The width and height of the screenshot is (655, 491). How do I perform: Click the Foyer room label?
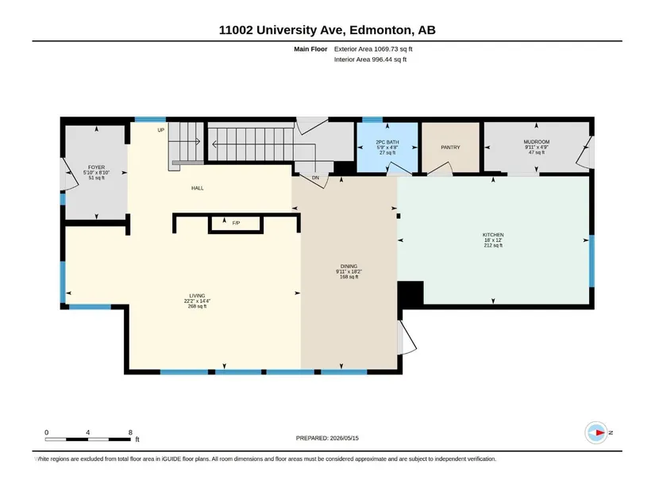[x=97, y=167]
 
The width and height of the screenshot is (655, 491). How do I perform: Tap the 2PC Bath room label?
[x=387, y=142]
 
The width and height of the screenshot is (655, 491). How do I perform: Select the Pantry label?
[x=450, y=148]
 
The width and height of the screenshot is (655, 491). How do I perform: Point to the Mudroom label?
[x=537, y=142]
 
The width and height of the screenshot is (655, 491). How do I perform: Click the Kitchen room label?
[x=493, y=235]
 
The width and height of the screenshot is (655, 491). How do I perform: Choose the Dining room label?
[x=349, y=266]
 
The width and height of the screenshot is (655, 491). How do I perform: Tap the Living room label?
[x=197, y=296]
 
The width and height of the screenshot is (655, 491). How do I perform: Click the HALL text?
[x=198, y=188]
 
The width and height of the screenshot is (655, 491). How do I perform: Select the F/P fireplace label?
[x=236, y=223]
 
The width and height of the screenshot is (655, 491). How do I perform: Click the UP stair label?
[x=161, y=130]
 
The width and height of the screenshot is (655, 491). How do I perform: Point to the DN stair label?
[x=315, y=178]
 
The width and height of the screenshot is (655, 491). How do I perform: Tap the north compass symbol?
[x=596, y=432]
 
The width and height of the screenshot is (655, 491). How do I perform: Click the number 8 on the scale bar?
[x=130, y=432]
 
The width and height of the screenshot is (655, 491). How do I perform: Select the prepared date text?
[x=327, y=438]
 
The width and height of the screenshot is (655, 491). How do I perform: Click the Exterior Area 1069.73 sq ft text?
[x=373, y=49]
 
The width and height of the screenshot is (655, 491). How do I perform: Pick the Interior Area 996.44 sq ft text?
[x=370, y=59]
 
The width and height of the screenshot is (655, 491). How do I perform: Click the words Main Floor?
[x=310, y=49]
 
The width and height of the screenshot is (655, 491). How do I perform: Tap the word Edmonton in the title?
[x=381, y=30]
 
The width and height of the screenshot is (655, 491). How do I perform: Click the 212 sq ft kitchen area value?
[x=493, y=246]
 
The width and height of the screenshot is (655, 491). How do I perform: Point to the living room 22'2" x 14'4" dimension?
[x=197, y=301]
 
